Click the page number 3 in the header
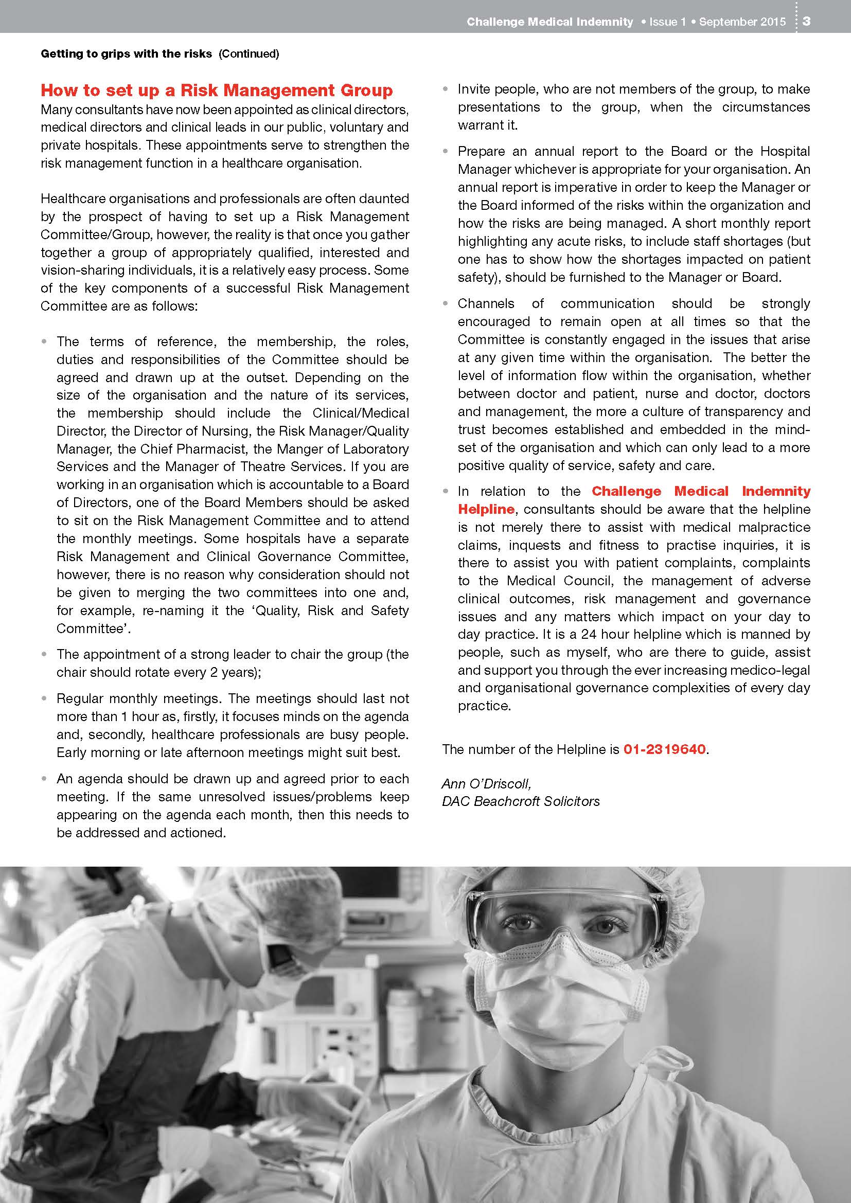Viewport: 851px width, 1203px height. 806,22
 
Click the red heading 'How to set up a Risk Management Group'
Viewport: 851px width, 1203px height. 217,90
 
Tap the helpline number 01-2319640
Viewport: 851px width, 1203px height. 664,749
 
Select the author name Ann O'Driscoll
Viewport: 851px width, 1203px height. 486,783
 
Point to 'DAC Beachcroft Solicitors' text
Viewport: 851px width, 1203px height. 520,801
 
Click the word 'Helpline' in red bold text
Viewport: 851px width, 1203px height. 486,509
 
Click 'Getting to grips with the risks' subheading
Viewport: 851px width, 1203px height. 126,53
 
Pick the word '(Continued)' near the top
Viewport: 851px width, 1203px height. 249,53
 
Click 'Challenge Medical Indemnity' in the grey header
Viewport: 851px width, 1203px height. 549,22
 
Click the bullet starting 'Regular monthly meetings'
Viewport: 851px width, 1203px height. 233,725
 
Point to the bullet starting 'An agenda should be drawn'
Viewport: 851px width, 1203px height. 233,805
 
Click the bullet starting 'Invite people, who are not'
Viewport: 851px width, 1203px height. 633,107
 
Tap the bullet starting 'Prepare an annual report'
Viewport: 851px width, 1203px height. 633,214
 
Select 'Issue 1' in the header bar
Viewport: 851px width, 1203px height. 667,22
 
